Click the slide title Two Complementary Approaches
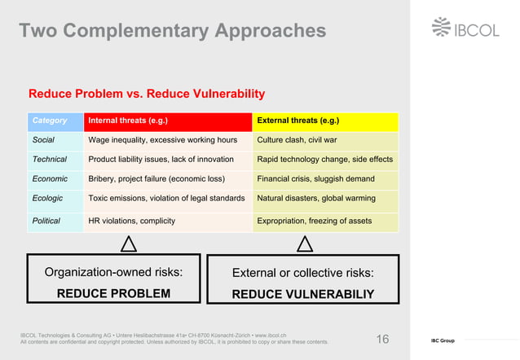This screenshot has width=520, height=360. pos(172,31)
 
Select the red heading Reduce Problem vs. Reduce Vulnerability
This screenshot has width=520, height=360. pos(147,94)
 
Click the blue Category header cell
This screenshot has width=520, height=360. pos(55,121)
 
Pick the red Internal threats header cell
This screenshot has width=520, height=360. pos(167,121)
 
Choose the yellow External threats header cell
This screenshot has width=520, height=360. pos(325,121)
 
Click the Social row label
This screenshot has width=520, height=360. pos(43,140)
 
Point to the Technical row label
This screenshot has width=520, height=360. pos(49,159)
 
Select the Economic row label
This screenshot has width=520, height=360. pos(50,178)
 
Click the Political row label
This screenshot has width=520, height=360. pos(47,221)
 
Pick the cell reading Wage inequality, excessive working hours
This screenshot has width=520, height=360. pos(162,140)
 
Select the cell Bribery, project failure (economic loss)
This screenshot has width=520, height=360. pos(156,178)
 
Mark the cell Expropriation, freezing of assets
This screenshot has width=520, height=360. pos(314,221)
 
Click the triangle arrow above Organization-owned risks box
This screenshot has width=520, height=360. pos(128,244)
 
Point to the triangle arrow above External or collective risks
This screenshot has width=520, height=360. pos(305,244)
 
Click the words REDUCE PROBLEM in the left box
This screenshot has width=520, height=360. pos(113,293)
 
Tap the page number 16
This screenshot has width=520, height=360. pos(382,339)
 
